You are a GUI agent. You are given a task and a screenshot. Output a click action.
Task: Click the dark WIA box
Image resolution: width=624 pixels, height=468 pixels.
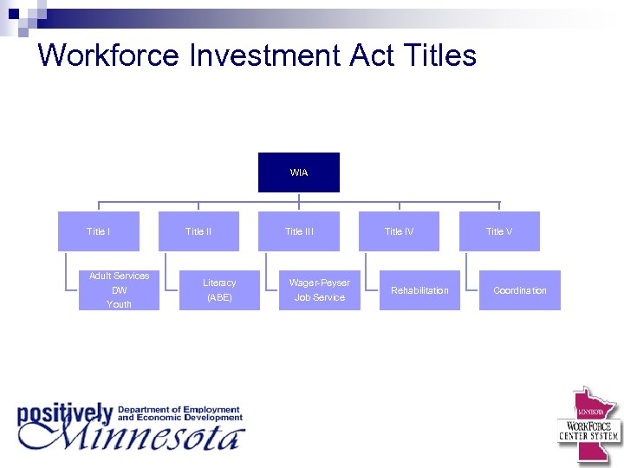299,172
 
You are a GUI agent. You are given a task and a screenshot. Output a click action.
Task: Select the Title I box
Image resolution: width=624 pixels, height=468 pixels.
98,231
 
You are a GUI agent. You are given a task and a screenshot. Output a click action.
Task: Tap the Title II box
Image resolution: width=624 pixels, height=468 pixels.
198,231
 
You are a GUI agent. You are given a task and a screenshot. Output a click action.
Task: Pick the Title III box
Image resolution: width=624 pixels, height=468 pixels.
299,231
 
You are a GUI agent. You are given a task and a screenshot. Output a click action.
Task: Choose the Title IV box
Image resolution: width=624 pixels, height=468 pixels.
399,231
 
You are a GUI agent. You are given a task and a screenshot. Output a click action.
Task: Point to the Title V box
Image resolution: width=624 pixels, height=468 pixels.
499,231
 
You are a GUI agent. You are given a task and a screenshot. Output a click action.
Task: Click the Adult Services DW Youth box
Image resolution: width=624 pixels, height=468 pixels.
119,290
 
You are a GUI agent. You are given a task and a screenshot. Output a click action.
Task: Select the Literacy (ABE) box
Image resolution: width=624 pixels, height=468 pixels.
219,290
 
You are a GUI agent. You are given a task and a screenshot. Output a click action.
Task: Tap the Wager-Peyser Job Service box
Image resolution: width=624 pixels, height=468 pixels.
320,290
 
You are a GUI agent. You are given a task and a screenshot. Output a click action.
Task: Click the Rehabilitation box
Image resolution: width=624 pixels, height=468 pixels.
419,290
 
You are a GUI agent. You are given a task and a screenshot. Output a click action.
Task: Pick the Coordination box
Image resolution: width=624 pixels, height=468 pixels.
520,290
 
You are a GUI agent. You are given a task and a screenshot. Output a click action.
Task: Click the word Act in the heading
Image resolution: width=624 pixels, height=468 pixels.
373,55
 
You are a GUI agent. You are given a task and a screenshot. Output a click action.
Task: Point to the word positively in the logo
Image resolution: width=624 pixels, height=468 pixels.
65,414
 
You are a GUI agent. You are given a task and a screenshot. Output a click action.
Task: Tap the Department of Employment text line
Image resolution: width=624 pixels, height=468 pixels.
179,409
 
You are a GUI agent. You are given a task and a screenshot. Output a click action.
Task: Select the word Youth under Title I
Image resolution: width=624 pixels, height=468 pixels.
119,305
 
